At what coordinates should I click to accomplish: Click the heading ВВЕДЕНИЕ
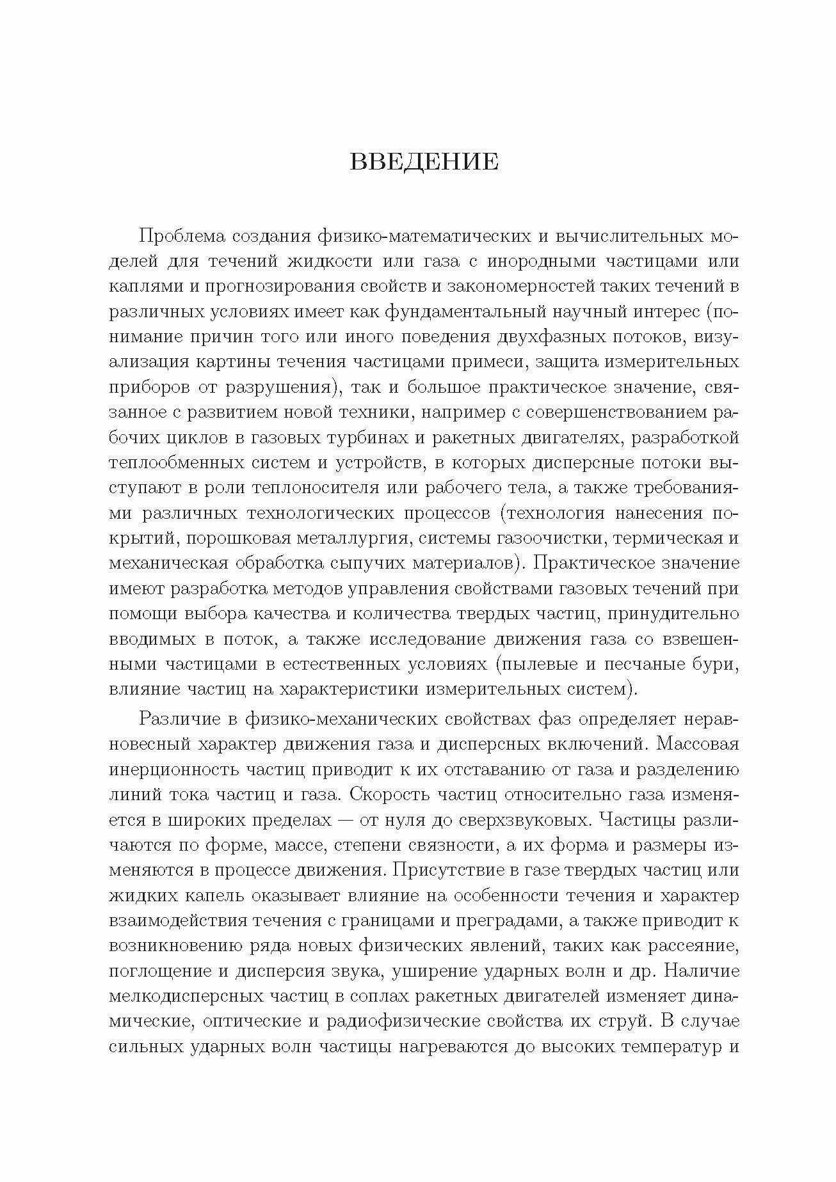[x=424, y=162]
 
